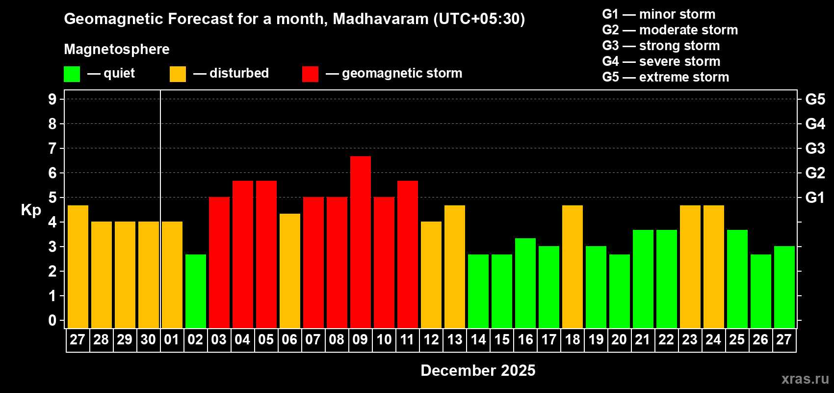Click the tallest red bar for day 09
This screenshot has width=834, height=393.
pyautogui.click(x=361, y=242)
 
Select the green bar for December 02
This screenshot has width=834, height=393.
pyautogui.click(x=196, y=291)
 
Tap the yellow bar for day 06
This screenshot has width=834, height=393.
pyautogui.click(x=290, y=270)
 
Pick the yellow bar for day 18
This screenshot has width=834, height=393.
pyautogui.click(x=573, y=266)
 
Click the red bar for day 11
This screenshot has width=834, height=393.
pyautogui.click(x=408, y=254)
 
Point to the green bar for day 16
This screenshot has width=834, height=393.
pyautogui.click(x=525, y=283)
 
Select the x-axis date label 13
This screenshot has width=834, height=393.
pyautogui.click(x=455, y=339)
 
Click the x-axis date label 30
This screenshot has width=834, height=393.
pyautogui.click(x=148, y=339)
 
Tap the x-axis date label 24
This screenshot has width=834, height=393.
pyautogui.click(x=713, y=339)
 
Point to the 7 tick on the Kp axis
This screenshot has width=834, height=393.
pyautogui.click(x=52, y=148)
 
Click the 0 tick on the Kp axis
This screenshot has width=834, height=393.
pyautogui.click(x=52, y=320)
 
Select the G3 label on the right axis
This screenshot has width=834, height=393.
pyautogui.click(x=815, y=148)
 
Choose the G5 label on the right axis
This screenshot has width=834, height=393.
pyautogui.click(x=815, y=99)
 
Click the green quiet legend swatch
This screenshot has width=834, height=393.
pyautogui.click(x=72, y=74)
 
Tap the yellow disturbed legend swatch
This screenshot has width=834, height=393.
pyautogui.click(x=178, y=74)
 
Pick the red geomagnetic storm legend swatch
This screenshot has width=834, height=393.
pyautogui.click(x=310, y=74)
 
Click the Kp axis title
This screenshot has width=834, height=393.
pyautogui.click(x=31, y=210)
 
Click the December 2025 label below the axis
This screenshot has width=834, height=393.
pyautogui.click(x=478, y=370)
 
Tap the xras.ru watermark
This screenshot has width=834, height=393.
pyautogui.click(x=805, y=379)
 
